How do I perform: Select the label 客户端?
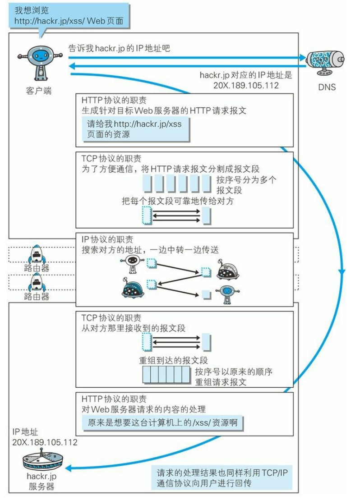pyautogui.click(x=39, y=91)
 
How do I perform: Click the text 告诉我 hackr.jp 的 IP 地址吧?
pyautogui.click(x=119, y=48)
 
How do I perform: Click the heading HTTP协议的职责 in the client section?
pyautogui.click(x=114, y=100)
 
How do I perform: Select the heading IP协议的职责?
pyautogui.click(x=107, y=240)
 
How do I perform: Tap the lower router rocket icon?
pyautogui.click(x=36, y=284)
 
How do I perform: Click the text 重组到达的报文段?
pyautogui.click(x=174, y=360)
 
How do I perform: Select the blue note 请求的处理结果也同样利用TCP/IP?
pyautogui.click(x=222, y=477)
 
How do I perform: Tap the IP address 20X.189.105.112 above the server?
pyautogui.click(x=45, y=442)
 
